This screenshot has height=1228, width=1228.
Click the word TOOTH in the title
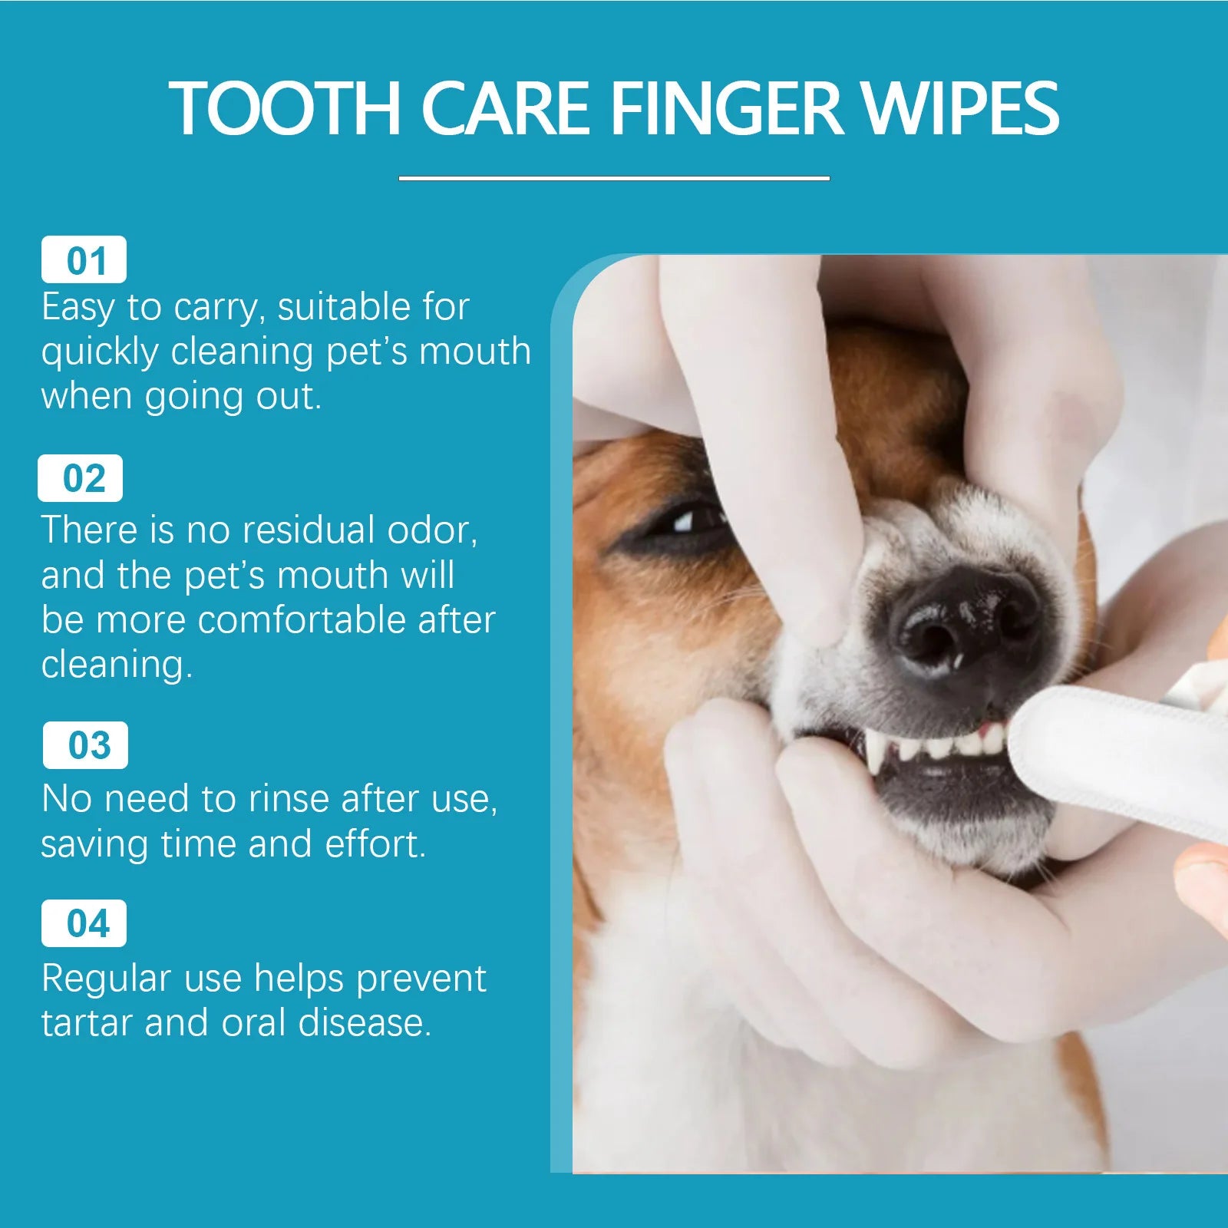285,108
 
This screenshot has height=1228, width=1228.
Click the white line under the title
614,178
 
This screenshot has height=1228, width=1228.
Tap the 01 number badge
84,260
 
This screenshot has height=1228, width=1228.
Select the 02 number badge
81,478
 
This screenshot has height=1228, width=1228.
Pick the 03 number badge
86,745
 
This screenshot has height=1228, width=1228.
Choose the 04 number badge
84,923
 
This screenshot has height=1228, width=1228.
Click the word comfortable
302,619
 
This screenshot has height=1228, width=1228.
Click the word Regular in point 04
106,979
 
